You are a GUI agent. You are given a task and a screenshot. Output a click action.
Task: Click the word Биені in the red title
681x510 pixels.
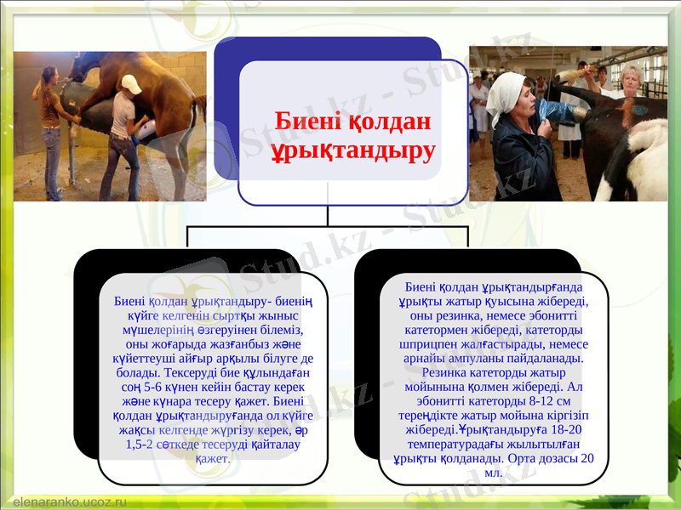point(307,122)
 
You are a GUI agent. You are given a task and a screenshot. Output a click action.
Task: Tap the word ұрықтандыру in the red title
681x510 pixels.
point(352,150)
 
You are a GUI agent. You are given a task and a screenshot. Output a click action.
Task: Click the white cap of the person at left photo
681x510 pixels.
point(131,83)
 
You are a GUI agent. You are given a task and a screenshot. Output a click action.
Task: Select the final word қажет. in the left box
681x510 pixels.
point(213,459)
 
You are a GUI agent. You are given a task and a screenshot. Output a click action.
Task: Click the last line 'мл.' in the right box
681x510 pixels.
point(493,473)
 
